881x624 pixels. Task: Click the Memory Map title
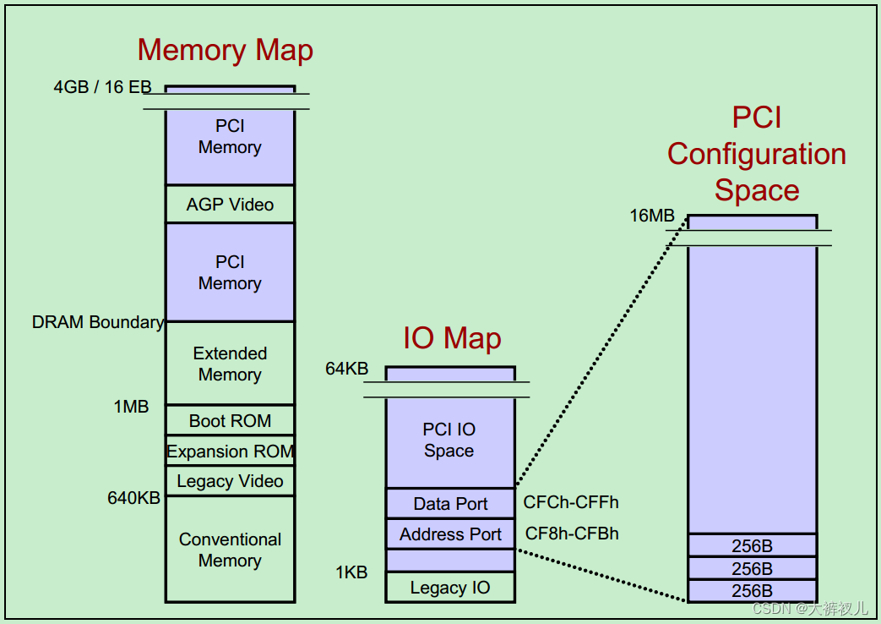pos(225,51)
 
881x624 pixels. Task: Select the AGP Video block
pos(230,205)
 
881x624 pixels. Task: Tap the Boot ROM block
pos(230,420)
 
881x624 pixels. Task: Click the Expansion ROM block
pos(230,452)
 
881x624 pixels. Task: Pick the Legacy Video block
pos(230,481)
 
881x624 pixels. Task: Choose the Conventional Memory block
pos(230,550)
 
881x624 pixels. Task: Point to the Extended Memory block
pos(230,364)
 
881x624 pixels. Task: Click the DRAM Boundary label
pos(97,322)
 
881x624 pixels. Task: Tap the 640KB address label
pos(133,498)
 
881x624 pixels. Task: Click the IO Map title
pos(452,338)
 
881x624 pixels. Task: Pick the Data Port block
pos(450,504)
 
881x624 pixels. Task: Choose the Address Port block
pos(450,534)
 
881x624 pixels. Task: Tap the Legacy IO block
pos(450,588)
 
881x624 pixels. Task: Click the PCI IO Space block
pos(449,441)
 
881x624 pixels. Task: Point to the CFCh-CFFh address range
pos(571,502)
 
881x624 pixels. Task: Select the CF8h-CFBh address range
pos(572,534)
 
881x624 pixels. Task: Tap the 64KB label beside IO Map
pos(346,369)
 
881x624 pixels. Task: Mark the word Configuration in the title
pos(756,154)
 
